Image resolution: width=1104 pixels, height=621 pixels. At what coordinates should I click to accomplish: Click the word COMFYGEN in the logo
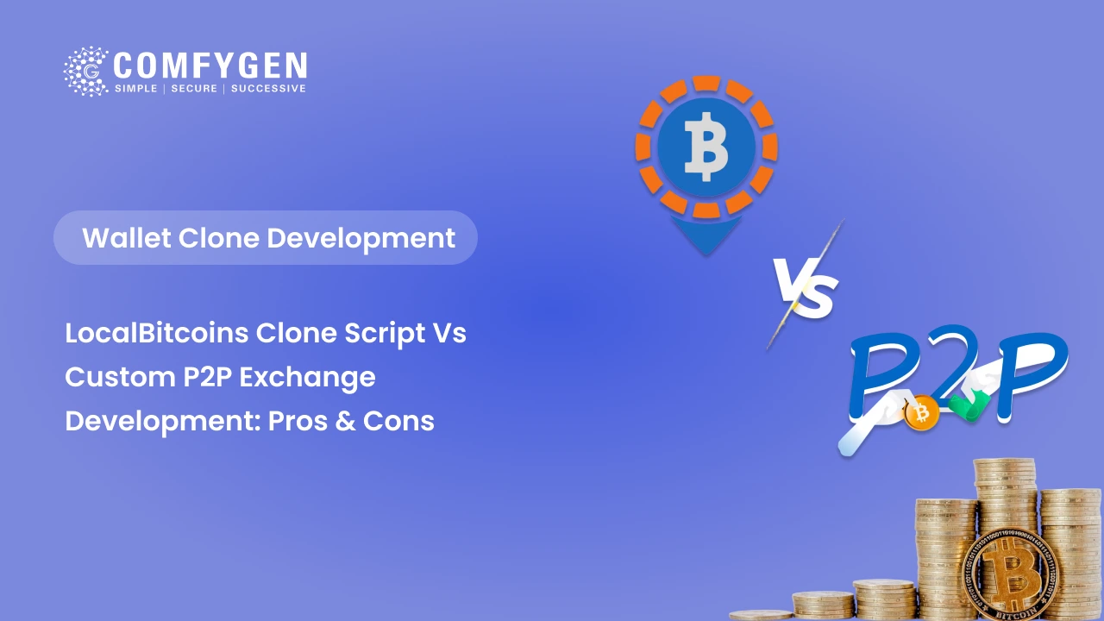pyautogui.click(x=210, y=66)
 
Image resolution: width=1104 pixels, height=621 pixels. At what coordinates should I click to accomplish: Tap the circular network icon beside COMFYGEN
pyautogui.click(x=85, y=72)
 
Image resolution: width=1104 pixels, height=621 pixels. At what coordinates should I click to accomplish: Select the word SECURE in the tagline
pyautogui.click(x=194, y=89)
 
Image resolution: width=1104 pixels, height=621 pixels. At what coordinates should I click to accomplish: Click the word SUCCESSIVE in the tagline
pyautogui.click(x=268, y=89)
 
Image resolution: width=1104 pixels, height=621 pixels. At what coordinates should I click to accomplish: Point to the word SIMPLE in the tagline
pyautogui.click(x=136, y=89)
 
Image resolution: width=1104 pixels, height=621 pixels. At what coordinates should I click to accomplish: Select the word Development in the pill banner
pyautogui.click(x=361, y=240)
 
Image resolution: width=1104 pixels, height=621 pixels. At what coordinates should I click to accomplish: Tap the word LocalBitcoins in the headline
pyautogui.click(x=157, y=333)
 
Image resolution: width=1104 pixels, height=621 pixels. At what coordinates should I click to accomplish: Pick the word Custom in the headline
pyautogui.click(x=120, y=377)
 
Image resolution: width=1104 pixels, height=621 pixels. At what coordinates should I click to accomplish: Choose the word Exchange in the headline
pyautogui.click(x=307, y=378)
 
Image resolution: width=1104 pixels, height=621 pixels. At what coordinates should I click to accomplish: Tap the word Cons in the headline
pyautogui.click(x=398, y=422)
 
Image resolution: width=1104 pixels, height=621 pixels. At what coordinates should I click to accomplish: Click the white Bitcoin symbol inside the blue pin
pyautogui.click(x=706, y=147)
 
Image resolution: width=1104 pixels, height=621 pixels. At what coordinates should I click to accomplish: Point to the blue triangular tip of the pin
pyautogui.click(x=706, y=235)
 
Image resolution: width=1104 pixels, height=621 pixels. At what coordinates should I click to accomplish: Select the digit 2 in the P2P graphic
pyautogui.click(x=950, y=364)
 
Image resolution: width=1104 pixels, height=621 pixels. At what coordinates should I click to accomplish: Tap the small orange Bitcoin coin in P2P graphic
pyautogui.click(x=920, y=413)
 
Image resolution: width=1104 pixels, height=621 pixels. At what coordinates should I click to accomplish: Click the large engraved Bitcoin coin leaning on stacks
pyautogui.click(x=1010, y=575)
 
